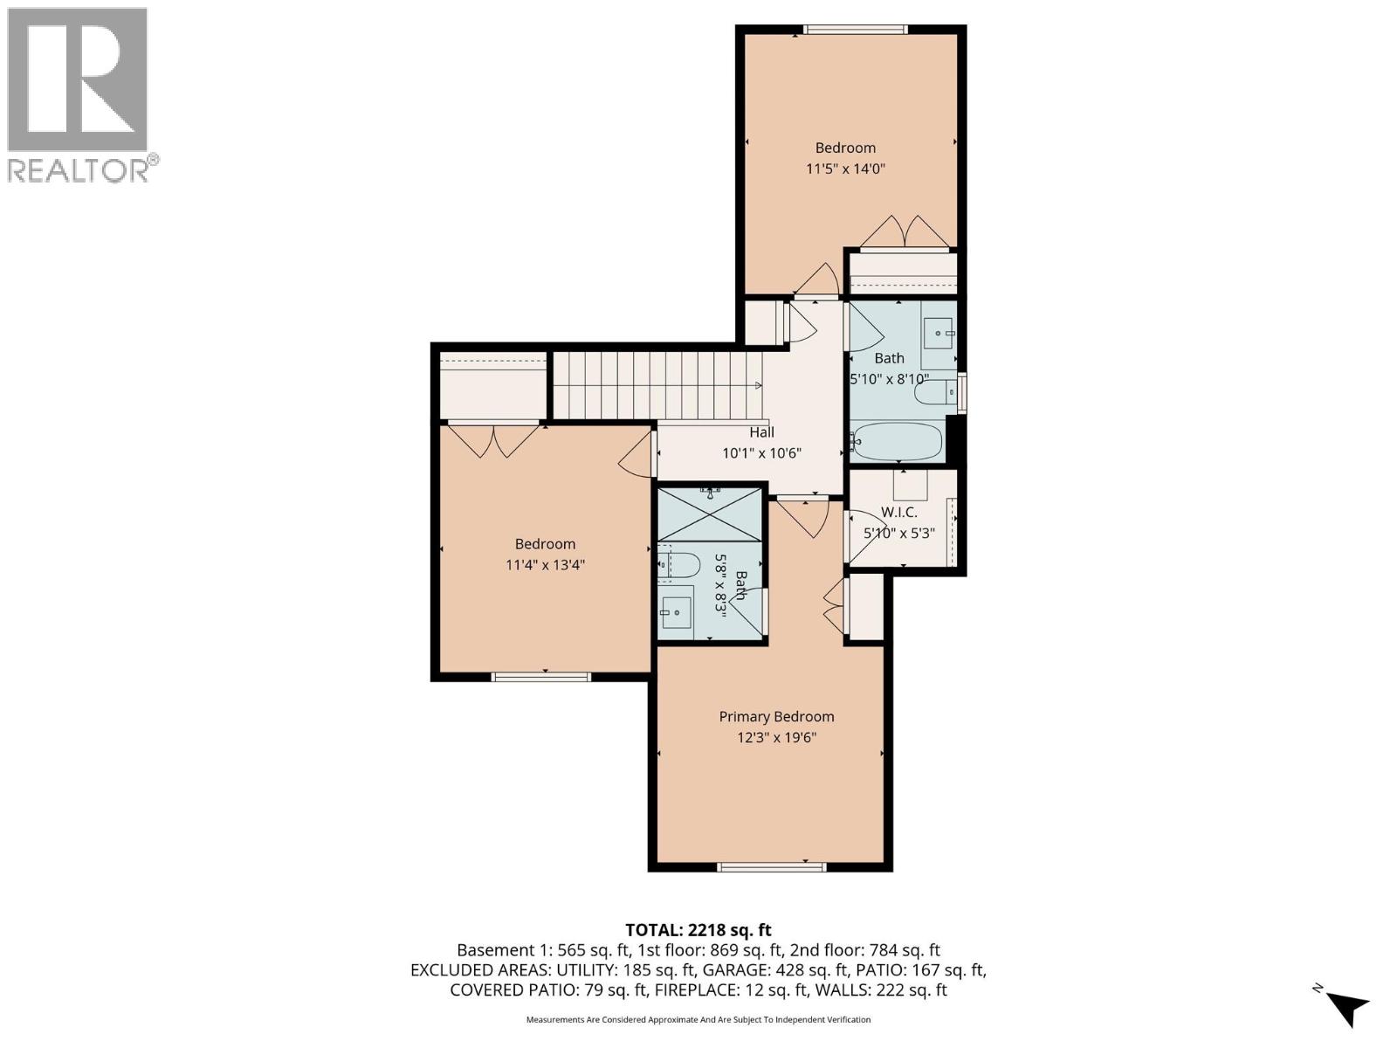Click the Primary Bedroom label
[776, 716]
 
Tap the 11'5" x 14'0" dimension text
[845, 169]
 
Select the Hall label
[761, 432]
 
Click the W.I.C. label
[898, 512]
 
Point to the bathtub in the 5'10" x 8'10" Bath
[898, 442]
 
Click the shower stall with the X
[709, 514]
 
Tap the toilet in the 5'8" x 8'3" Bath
[679, 566]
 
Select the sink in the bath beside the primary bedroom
[675, 612]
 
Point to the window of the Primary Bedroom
[771, 867]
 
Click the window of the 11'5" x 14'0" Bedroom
[855, 30]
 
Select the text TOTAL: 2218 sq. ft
[698, 930]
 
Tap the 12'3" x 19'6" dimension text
[776, 737]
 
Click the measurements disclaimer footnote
[698, 1019]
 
